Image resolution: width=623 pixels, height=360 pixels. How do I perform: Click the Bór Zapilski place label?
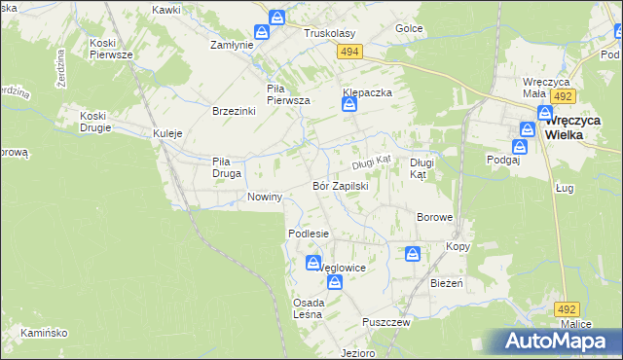coord(340,185)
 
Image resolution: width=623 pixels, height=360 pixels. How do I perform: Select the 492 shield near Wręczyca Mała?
coord(562,96)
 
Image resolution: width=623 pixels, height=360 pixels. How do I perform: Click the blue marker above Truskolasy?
coord(277,18)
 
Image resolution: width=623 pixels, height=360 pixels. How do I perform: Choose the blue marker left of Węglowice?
coord(312,263)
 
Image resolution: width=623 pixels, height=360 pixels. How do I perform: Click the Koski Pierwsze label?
coord(110,49)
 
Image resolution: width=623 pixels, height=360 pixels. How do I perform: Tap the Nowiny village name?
coord(265,197)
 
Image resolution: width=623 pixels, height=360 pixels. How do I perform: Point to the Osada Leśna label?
coord(310,308)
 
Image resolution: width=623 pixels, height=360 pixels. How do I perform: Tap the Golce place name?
coord(409,28)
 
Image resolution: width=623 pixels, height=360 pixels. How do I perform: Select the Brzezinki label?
coord(234,110)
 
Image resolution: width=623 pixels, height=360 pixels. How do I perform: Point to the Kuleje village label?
coord(167,132)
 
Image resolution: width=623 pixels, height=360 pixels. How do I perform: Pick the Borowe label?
coord(435,217)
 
